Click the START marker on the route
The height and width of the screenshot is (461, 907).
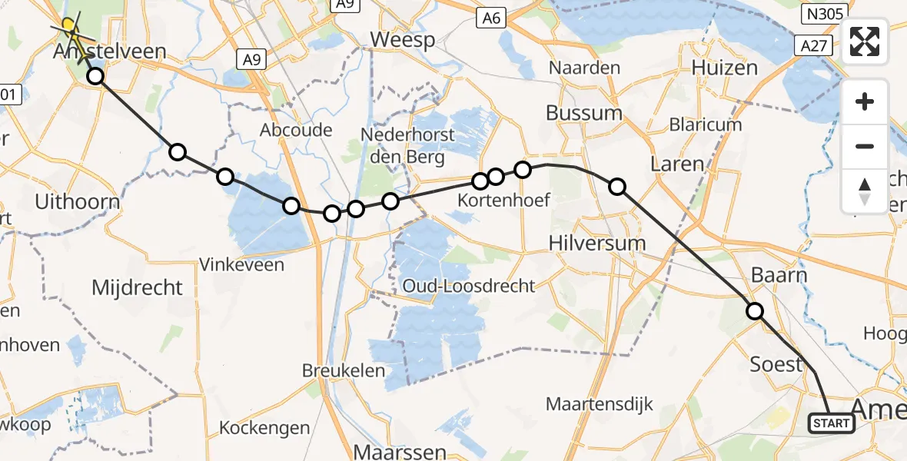pyautogui.click(x=831, y=423)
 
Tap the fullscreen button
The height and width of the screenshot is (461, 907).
pyautogui.click(x=865, y=41)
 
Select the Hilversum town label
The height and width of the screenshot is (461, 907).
pyautogui.click(x=597, y=243)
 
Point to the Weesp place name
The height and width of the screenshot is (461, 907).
pyautogui.click(x=402, y=40)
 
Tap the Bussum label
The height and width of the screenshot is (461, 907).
pyautogui.click(x=584, y=113)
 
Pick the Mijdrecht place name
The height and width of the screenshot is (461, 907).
pyautogui.click(x=137, y=288)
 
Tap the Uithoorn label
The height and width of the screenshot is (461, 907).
pyautogui.click(x=78, y=203)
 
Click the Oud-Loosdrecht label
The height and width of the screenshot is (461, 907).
pyautogui.click(x=468, y=287)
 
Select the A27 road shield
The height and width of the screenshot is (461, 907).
pyautogui.click(x=812, y=46)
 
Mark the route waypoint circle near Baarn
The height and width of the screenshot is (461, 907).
pyautogui.click(x=755, y=311)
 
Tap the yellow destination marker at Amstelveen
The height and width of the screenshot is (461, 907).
pyautogui.click(x=70, y=25)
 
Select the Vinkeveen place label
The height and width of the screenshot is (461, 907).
pyautogui.click(x=241, y=265)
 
